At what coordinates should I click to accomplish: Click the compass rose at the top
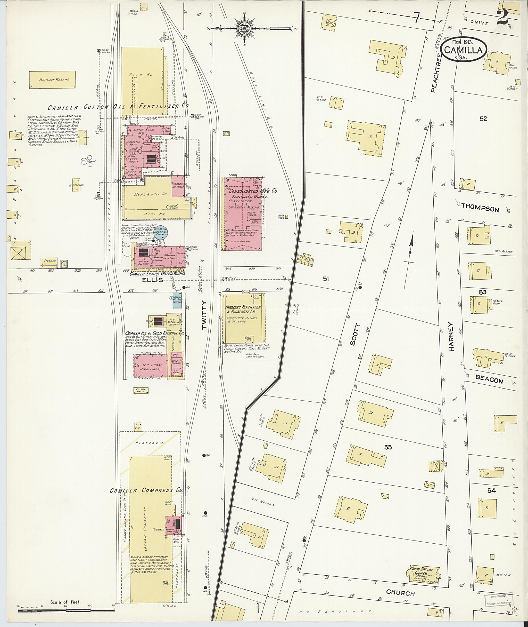(245, 28)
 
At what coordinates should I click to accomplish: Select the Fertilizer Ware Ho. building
(52, 80)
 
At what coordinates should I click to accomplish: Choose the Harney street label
(451, 336)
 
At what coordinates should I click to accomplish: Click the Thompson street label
(480, 208)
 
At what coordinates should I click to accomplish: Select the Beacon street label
(489, 379)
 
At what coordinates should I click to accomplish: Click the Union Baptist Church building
(424, 574)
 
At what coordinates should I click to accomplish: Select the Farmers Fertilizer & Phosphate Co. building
(244, 318)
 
